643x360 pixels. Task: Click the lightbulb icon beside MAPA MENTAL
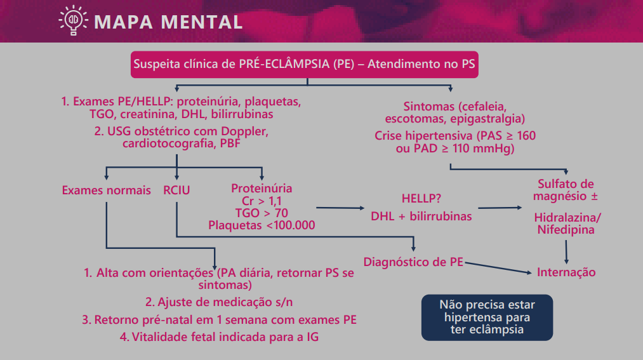point(73,21)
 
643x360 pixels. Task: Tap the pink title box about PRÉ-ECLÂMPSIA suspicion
point(305,64)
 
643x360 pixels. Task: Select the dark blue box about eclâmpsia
point(487,317)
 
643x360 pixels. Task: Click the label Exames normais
point(107,190)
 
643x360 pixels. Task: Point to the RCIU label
point(176,190)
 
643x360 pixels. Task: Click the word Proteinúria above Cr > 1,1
point(262,189)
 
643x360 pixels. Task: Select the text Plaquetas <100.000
point(262,225)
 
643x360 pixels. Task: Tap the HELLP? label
point(421,198)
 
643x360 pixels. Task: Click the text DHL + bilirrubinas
point(421,216)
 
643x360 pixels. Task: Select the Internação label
point(566,272)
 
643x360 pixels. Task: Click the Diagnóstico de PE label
point(413,262)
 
